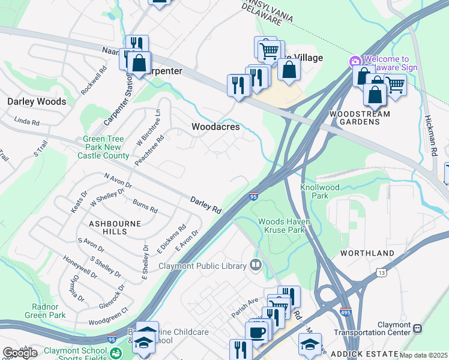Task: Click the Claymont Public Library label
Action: (202, 266)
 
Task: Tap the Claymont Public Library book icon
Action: (256, 265)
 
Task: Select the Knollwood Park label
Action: (320, 191)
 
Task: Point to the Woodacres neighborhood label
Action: (215, 127)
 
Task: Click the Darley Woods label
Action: (37, 101)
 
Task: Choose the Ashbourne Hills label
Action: (108, 227)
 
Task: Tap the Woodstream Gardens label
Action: (360, 118)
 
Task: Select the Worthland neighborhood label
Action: (367, 253)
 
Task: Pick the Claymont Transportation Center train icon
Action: (418, 329)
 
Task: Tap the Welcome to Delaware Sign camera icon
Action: (355, 61)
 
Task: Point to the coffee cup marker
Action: (256, 332)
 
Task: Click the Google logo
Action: (20, 353)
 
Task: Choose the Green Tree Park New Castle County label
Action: (103, 147)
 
